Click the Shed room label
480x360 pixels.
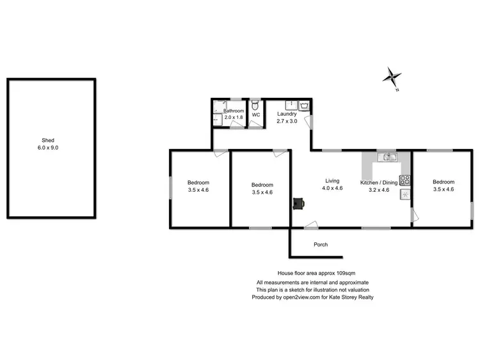(48, 140)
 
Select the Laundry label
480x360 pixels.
(287, 114)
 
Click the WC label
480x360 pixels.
(255, 115)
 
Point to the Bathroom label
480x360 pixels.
(234, 111)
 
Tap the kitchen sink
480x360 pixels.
(387, 157)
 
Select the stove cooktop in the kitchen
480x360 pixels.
(404, 180)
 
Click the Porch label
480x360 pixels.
(321, 245)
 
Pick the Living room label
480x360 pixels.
(332, 180)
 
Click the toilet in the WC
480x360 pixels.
(255, 105)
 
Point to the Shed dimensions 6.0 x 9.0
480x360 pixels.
(48, 148)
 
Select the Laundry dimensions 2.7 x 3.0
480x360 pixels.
(287, 121)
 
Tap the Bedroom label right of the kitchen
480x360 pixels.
(443, 182)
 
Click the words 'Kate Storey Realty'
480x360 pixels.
(351, 297)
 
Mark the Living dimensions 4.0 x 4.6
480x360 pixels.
(332, 188)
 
